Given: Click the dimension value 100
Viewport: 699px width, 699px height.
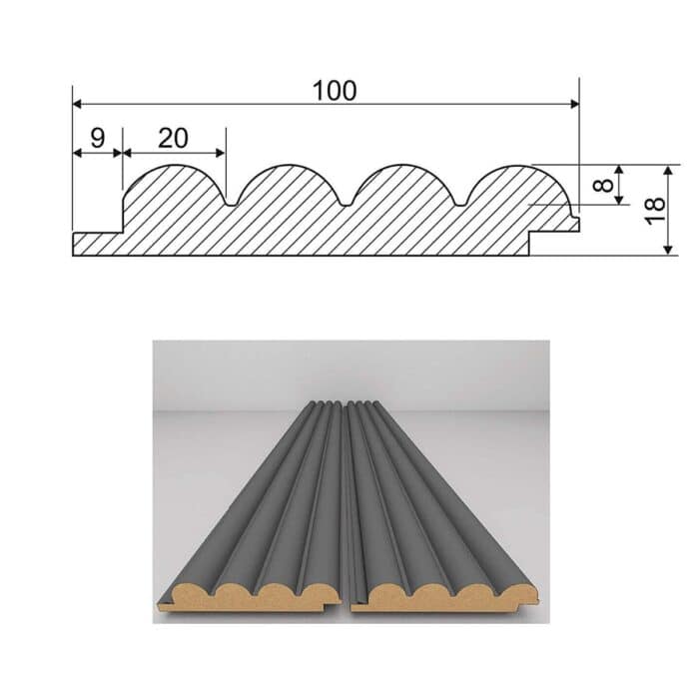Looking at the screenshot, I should coord(334,90).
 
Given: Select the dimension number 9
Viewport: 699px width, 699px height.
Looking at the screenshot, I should coord(97,138).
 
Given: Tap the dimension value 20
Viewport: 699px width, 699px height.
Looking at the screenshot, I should coord(173,138).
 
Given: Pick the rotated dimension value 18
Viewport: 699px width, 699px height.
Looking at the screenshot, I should coord(655,210).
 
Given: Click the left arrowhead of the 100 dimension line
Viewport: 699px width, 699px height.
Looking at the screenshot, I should coord(77,104).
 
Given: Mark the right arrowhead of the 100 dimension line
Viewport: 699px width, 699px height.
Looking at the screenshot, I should coord(574,104).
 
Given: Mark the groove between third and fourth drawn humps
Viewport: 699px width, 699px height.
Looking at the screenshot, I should coord(458,204).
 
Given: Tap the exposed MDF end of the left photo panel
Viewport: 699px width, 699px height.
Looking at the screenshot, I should coord(250,596).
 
